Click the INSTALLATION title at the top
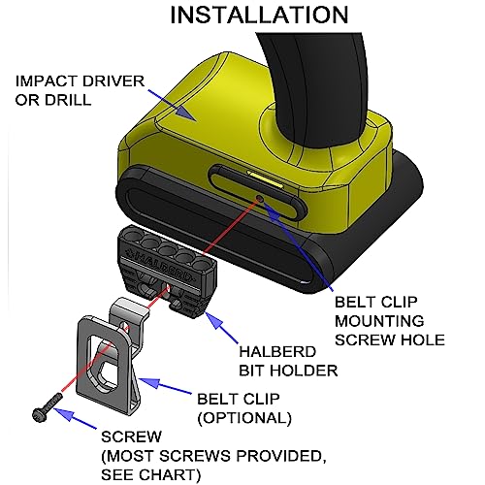[259, 15]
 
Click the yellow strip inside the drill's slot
[265, 178]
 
